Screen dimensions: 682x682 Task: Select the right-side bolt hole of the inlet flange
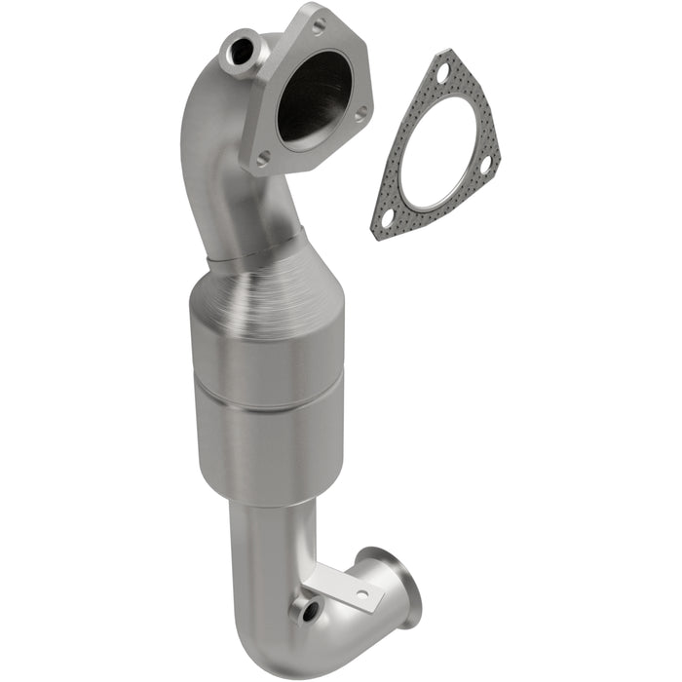[x=360, y=114]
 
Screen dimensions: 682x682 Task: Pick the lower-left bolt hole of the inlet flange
[x=262, y=155]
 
